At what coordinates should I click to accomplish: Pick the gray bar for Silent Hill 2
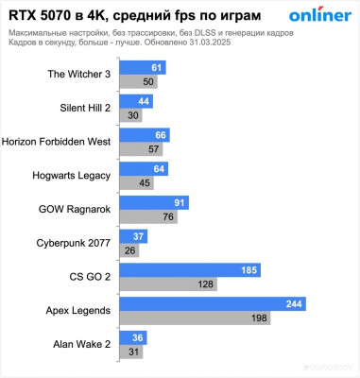click(x=129, y=115)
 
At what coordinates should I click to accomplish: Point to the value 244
click(x=293, y=304)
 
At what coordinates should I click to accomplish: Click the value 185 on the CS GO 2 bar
click(x=249, y=270)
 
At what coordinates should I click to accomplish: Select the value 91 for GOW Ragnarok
click(x=180, y=203)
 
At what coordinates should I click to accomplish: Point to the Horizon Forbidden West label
click(x=57, y=142)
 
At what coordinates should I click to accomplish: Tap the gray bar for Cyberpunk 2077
click(x=127, y=249)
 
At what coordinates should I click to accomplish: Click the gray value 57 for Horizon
click(x=154, y=148)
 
